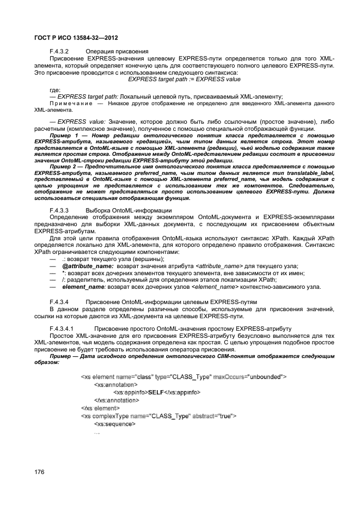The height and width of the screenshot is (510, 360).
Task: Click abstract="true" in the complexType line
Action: point(216,416)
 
